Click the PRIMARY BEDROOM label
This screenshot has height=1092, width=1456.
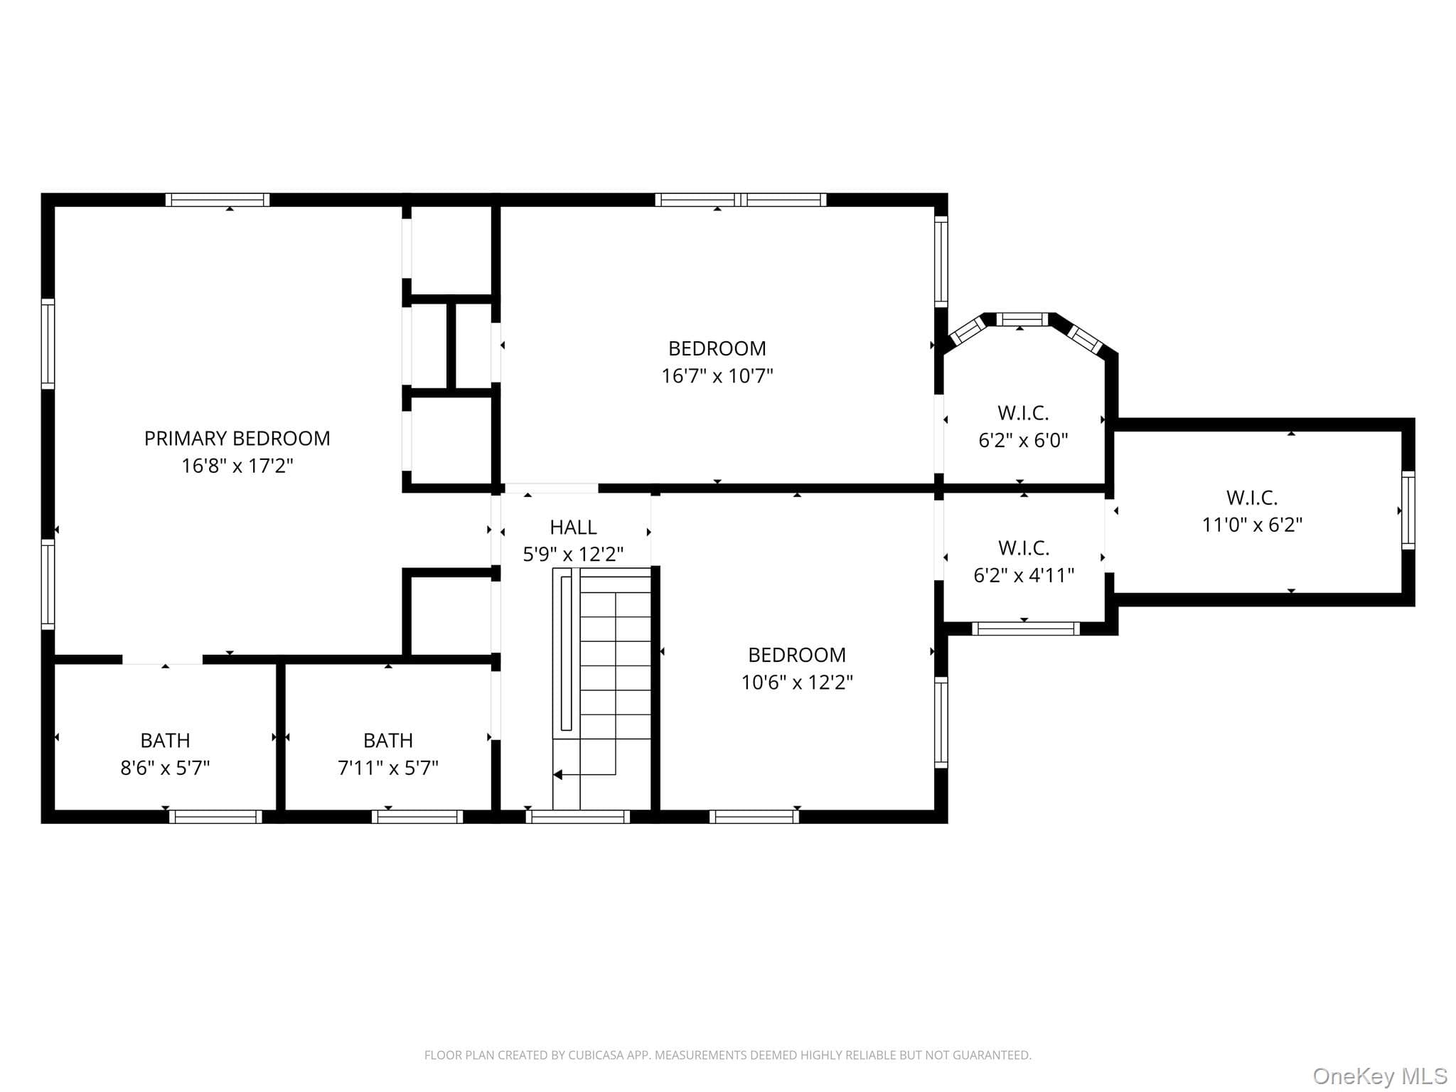[237, 439]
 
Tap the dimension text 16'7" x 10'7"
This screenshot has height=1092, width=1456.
[717, 375]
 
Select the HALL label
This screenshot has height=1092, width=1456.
[573, 528]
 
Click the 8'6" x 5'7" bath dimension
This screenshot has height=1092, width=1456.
[165, 768]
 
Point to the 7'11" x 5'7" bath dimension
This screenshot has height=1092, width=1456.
[387, 768]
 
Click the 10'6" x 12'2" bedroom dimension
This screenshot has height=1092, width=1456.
[797, 682]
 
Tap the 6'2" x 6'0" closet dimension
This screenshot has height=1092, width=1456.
[1023, 440]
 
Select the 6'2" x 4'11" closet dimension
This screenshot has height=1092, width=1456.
[1024, 575]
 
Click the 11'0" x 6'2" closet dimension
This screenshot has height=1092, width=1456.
[1252, 525]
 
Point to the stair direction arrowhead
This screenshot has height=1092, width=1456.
[557, 774]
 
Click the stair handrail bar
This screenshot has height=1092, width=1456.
[566, 653]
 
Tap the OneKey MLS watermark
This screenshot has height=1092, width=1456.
[1380, 1076]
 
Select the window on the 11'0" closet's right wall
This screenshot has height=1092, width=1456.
[1408, 510]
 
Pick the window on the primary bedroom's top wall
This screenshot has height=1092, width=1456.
[218, 200]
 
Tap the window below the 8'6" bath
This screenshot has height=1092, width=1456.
[216, 817]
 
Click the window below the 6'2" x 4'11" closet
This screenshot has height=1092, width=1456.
[1025, 628]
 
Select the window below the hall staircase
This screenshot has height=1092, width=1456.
[578, 817]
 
